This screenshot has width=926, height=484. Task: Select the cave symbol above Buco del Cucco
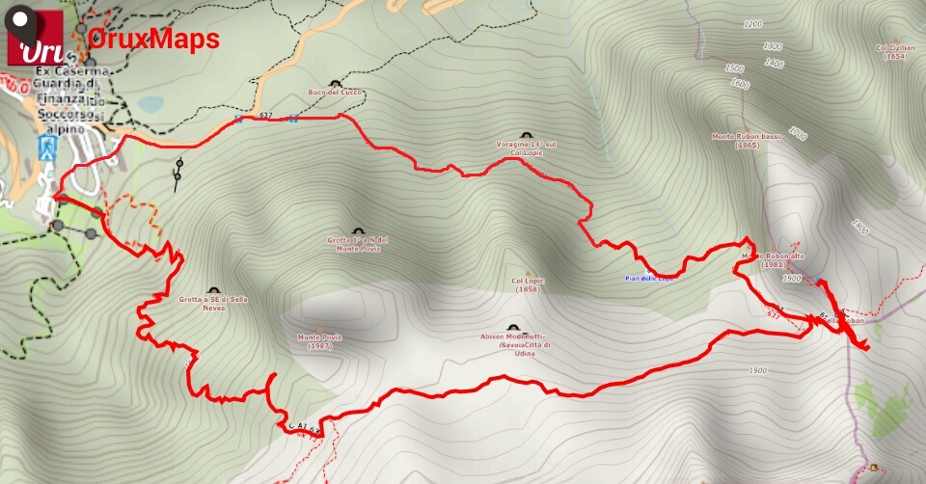pyautogui.click(x=335, y=83)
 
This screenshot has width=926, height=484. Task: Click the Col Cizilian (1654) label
pyautogui.click(x=894, y=51)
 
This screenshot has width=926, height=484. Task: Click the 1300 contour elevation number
pyautogui.click(x=772, y=46)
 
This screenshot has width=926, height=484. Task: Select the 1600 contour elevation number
pyautogui.click(x=739, y=84)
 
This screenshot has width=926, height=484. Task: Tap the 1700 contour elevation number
pyautogui.click(x=797, y=133)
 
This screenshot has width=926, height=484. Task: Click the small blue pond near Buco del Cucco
pyautogui.click(x=150, y=104)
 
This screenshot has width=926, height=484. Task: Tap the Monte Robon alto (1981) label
pyautogui.click(x=773, y=259)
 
